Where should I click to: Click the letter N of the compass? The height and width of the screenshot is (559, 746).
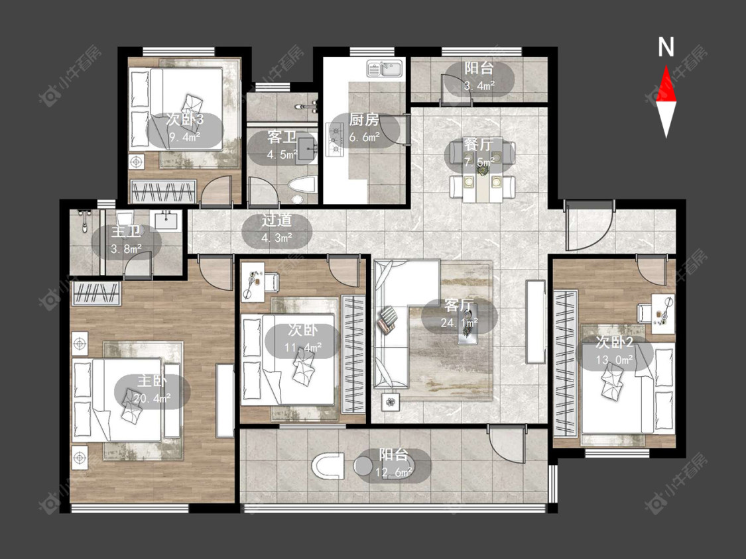click(666, 47)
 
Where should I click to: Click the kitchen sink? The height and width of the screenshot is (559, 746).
click(385, 69)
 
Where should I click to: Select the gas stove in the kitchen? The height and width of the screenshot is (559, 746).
click(334, 139)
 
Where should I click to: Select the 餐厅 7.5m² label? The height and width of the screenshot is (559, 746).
click(479, 153)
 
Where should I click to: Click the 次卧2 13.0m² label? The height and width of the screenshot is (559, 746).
click(614, 351)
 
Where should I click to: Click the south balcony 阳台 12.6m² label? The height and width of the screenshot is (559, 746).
click(393, 464)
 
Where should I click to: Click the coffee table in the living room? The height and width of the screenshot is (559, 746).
click(468, 324)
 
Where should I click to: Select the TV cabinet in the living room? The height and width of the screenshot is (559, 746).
click(535, 322)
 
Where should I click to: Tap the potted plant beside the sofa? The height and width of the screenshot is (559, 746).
click(391, 402)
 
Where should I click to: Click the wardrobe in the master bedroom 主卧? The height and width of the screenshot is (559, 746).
click(96, 293)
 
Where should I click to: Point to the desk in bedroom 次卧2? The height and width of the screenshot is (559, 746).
click(663, 313)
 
